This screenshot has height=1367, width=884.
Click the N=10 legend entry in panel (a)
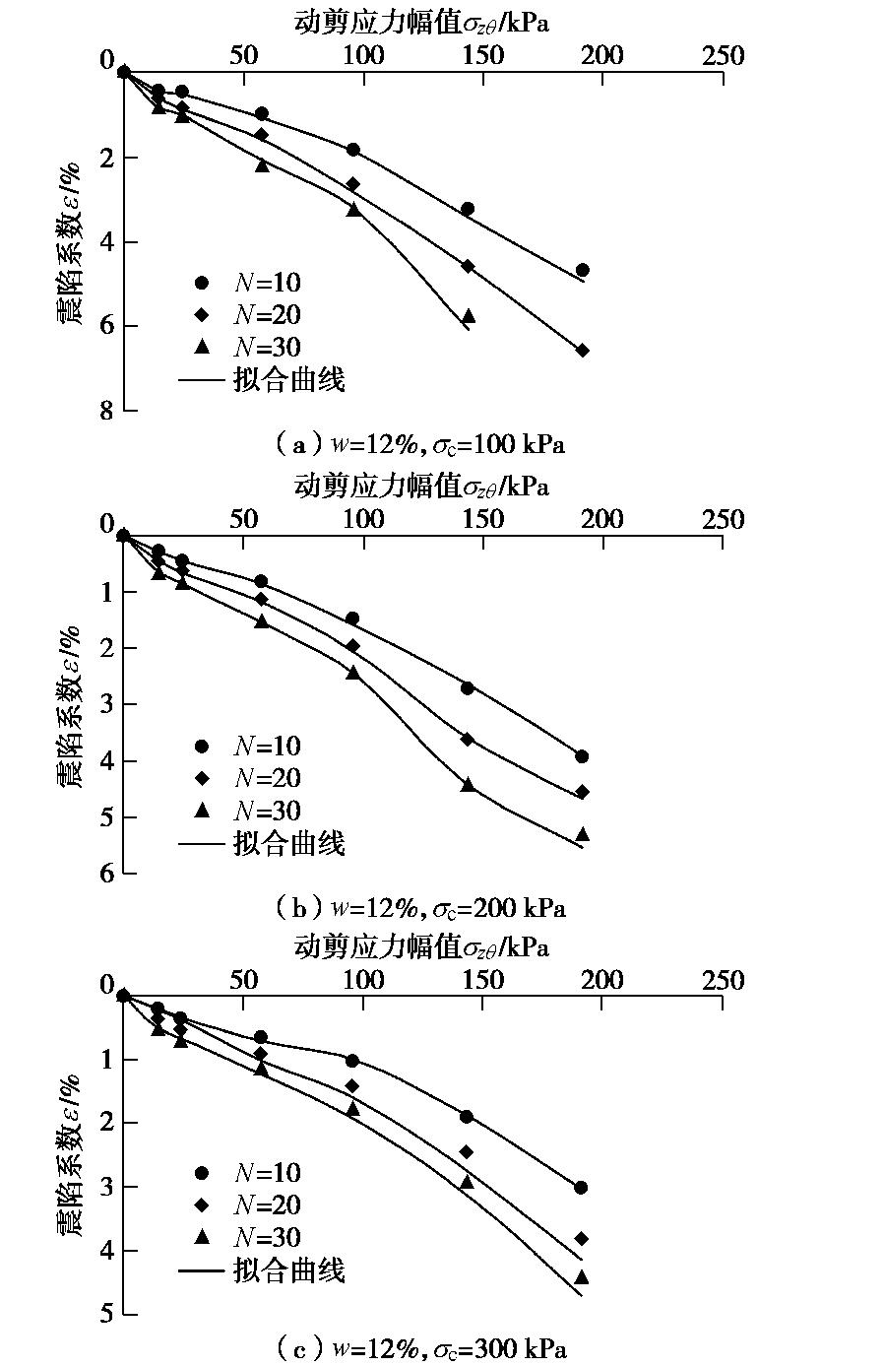point(251,283)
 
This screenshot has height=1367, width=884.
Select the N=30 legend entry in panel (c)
point(251,1238)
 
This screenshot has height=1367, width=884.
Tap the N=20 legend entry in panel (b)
point(251,778)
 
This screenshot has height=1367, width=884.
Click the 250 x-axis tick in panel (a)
point(723,56)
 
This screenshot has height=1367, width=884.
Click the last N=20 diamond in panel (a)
point(583,351)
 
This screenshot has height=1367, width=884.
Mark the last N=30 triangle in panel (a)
point(468,316)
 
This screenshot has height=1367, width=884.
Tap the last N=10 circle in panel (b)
point(582,756)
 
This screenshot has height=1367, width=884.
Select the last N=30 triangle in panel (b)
point(582,834)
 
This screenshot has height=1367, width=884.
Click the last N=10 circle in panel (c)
point(581,1188)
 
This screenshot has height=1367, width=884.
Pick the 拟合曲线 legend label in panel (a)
point(289,379)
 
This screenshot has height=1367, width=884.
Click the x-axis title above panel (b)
point(421,486)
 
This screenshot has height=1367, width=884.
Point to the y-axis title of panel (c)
point(70,1155)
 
